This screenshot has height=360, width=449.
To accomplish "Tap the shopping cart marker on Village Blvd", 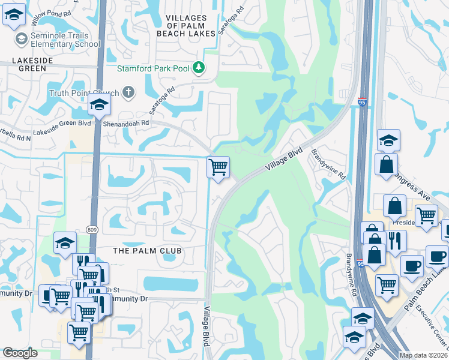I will pyautogui.click(x=217, y=167).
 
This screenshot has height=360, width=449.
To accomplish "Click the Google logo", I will pyautogui.click(x=20, y=353).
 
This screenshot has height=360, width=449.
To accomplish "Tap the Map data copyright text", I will pyautogui.click(x=423, y=355).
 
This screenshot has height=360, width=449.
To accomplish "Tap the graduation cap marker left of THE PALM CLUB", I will pyautogui.click(x=64, y=243).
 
